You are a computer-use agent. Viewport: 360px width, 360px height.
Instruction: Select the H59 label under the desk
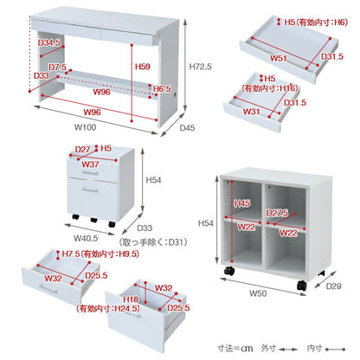141,67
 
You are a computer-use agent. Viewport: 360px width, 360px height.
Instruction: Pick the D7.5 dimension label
33,67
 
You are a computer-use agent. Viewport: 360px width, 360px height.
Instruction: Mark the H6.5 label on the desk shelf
162,89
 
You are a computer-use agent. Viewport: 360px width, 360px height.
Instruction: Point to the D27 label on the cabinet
83,149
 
